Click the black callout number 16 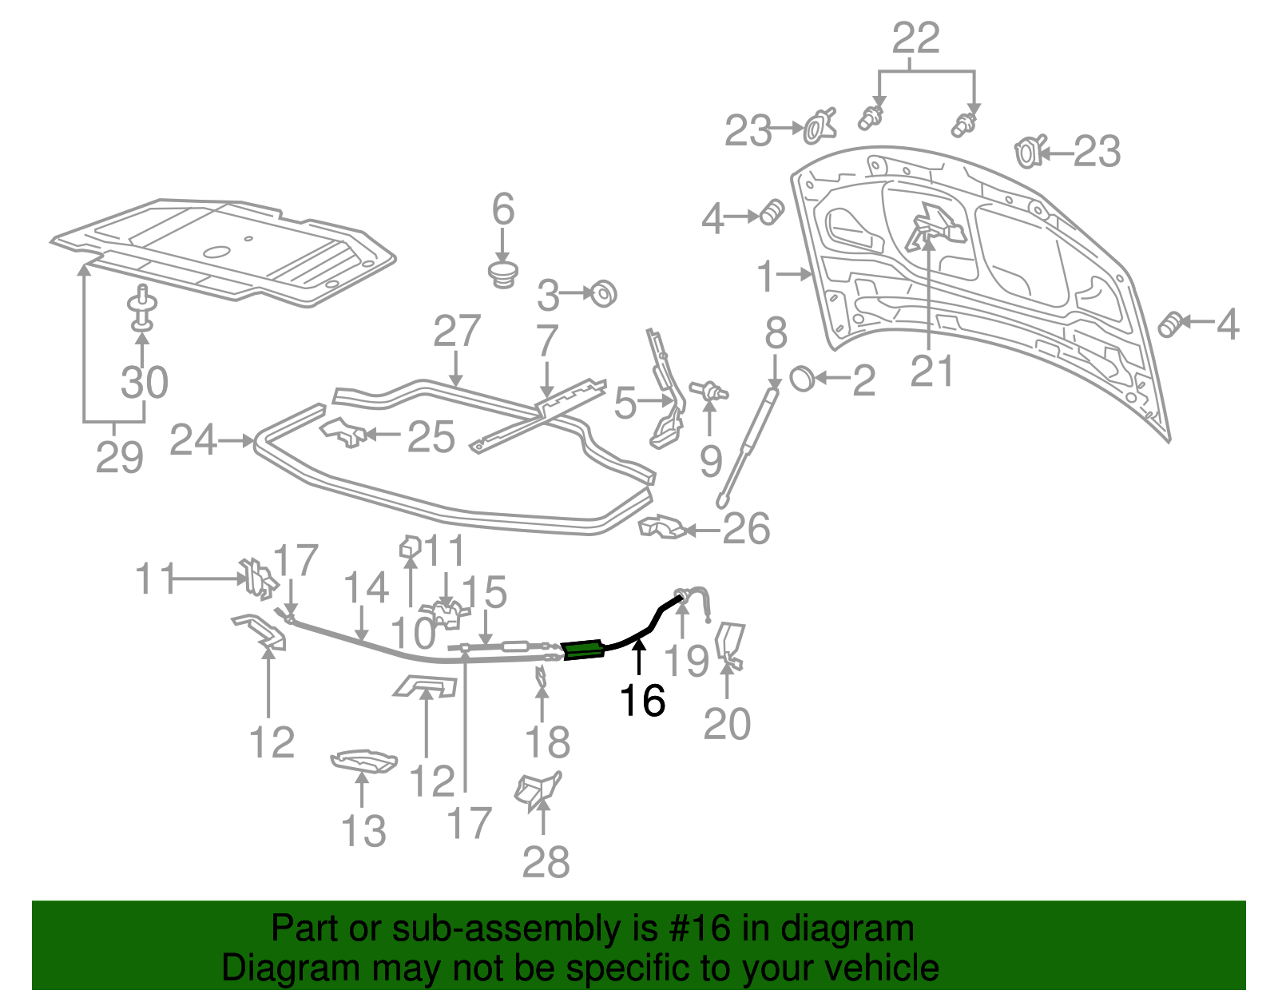(x=642, y=701)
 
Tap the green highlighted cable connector (x=583, y=650)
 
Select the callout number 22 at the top (x=916, y=38)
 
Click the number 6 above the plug (x=502, y=209)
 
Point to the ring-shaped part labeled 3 (x=603, y=294)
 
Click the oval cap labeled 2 (x=801, y=378)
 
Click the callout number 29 (x=119, y=457)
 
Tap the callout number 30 (x=145, y=382)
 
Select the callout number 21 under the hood (x=932, y=372)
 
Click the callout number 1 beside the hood (x=766, y=276)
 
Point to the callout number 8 (x=776, y=335)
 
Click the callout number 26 (x=746, y=528)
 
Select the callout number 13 (x=363, y=831)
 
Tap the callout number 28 (x=546, y=861)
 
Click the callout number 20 (x=727, y=724)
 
